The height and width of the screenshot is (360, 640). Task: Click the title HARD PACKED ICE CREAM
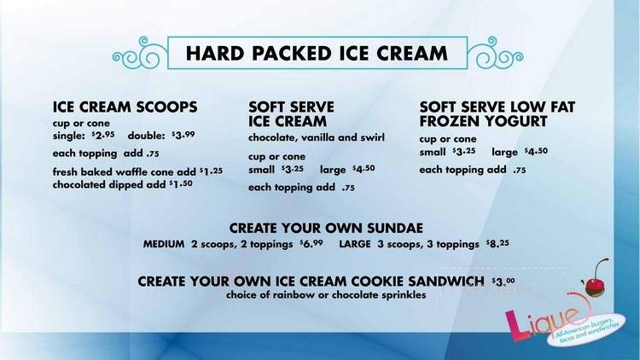(317, 53)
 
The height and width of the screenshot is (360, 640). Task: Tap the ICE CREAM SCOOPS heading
(125, 107)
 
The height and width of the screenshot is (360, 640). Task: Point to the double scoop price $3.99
(183, 136)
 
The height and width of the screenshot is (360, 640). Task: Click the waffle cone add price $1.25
(211, 171)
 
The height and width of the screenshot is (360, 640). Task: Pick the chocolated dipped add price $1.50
(187, 183)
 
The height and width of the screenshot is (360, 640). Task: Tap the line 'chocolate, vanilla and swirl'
(317, 137)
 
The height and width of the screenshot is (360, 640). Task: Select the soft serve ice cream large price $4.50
(364, 169)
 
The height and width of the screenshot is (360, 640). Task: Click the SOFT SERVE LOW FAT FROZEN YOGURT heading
(497, 114)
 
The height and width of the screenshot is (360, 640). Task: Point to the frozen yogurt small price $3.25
(463, 151)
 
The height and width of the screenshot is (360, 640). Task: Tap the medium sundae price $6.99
(311, 244)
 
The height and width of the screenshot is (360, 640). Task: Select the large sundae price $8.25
(498, 244)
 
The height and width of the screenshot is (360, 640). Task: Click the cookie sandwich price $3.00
(503, 281)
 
